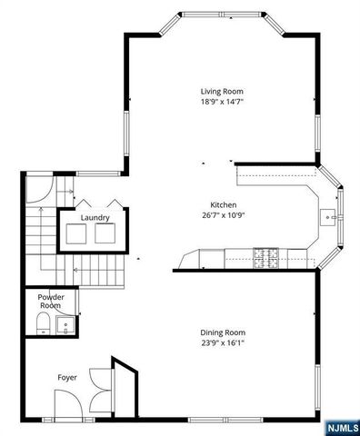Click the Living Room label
pyautogui.click(x=222, y=91)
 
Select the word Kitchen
pyautogui.click(x=223, y=204)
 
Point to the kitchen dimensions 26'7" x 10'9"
pyautogui.click(x=223, y=214)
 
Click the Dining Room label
pyautogui.click(x=223, y=332)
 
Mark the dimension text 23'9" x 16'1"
pyautogui.click(x=223, y=342)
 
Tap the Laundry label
pyautogui.click(x=95, y=218)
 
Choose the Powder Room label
pyautogui.click(x=50, y=302)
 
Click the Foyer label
pyautogui.click(x=68, y=373)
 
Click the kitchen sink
pyautogui.click(x=329, y=217)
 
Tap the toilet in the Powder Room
pyautogui.click(x=42, y=325)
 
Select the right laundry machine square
pyautogui.click(x=107, y=234)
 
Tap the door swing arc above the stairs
pyautogui.click(x=39, y=188)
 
